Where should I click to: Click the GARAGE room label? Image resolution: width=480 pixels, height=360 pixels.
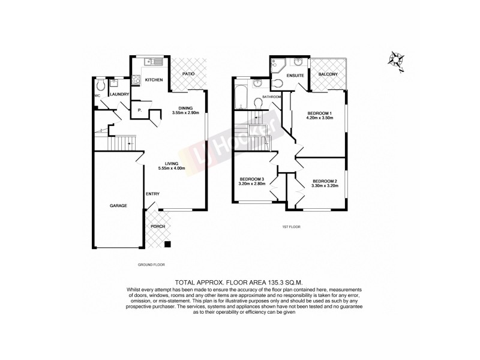pos(118,206)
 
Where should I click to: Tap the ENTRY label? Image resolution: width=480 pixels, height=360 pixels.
pos(152,194)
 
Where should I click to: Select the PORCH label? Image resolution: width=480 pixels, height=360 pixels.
pos(158,226)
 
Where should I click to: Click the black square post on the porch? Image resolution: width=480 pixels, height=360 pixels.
pos(167,244)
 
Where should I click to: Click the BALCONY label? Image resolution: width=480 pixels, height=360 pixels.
pos(328,74)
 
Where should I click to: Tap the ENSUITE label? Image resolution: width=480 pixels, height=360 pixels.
pos(296,75)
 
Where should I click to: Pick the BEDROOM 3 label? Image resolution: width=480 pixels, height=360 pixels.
pos(252,179)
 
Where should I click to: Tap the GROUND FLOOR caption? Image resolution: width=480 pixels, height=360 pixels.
pos(151,264)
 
